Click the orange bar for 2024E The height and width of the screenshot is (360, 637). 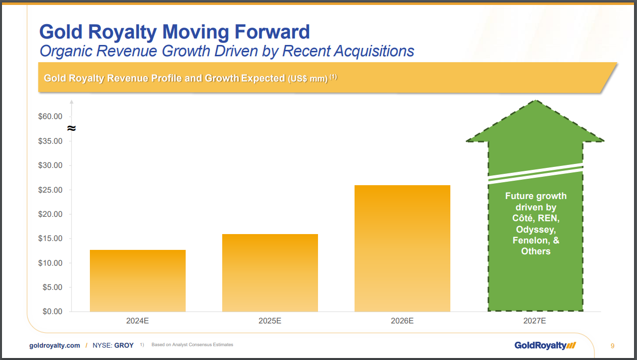pos(138,280)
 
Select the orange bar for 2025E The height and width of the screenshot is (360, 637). pos(270,273)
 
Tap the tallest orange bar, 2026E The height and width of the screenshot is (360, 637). pos(402,248)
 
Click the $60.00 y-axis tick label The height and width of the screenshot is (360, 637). pos(50,117)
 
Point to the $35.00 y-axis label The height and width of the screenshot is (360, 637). pos(50,141)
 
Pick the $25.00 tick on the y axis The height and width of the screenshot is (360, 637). pos(50,190)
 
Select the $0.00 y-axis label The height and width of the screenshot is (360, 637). pos(52,312)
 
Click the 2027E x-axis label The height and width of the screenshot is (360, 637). pos(534,321)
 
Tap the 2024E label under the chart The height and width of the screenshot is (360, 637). pos(137,321)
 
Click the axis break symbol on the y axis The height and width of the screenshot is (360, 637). pos(72,128)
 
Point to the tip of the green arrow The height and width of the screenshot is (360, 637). pos(536,100)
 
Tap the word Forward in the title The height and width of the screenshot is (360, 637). pos(272,32)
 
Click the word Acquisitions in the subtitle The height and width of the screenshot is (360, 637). pos(374,52)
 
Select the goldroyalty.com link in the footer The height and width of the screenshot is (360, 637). pos(55,346)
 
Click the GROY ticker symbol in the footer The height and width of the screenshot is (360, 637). pos(124,346)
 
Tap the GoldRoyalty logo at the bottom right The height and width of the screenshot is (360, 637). pos(545,346)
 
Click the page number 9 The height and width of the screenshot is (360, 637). pos(612,346)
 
